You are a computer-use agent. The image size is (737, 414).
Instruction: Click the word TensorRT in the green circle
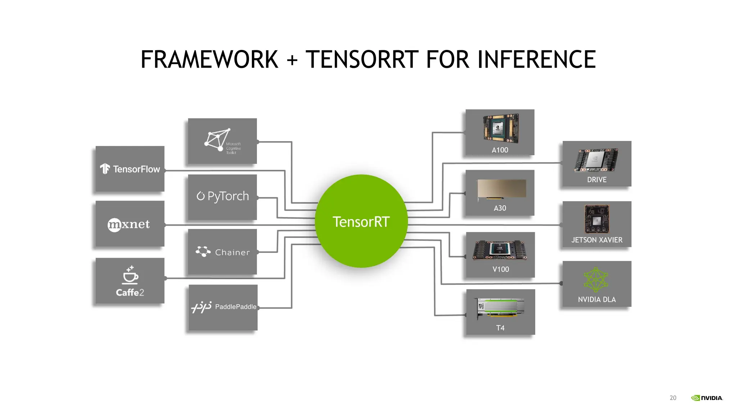click(x=361, y=222)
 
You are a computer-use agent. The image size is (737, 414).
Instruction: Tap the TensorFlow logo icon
click(x=105, y=169)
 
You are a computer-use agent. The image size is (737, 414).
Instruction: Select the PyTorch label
click(x=228, y=196)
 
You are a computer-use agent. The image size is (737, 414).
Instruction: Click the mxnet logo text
click(x=129, y=224)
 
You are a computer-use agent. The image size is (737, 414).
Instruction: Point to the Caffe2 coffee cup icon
click(x=130, y=275)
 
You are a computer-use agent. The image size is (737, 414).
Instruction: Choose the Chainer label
click(x=232, y=252)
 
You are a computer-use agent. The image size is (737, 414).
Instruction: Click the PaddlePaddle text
click(x=236, y=307)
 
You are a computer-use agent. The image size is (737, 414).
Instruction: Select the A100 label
click(x=500, y=150)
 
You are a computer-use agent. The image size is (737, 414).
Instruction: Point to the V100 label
click(x=501, y=269)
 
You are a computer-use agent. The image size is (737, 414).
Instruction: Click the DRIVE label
click(x=597, y=180)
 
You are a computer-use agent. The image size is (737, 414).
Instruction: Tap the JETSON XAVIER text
click(x=597, y=240)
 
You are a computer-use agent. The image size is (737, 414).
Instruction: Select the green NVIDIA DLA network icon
click(x=596, y=279)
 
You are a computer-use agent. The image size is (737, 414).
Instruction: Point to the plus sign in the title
click(x=292, y=60)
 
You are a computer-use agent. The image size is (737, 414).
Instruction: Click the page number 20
click(x=673, y=398)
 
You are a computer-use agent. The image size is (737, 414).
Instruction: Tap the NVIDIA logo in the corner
click(x=707, y=398)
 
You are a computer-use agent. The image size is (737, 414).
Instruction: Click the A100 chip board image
click(x=501, y=128)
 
